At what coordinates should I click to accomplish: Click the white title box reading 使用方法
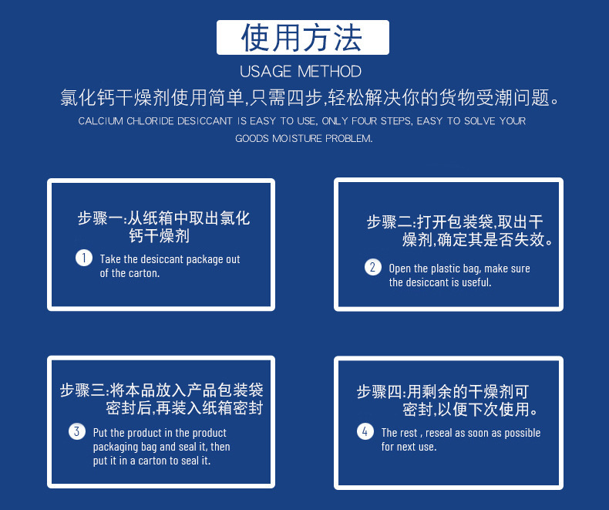[302, 37]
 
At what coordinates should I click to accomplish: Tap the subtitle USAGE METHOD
[301, 72]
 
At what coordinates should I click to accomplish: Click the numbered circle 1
[84, 258]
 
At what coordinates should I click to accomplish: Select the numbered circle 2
[373, 267]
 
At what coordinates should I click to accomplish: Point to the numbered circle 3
[77, 431]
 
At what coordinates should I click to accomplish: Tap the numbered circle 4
[365, 431]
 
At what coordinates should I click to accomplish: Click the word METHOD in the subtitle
[329, 72]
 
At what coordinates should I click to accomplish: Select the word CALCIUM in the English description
[100, 121]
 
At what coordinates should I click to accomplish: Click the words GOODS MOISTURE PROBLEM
[304, 138]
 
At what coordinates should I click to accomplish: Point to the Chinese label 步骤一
[99, 218]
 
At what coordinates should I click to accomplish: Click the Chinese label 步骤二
[389, 222]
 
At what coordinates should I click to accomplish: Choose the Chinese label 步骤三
[82, 390]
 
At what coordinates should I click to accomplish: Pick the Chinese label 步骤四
[379, 391]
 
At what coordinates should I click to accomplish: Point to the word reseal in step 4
[439, 433]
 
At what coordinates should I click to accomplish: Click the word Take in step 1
[110, 259]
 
